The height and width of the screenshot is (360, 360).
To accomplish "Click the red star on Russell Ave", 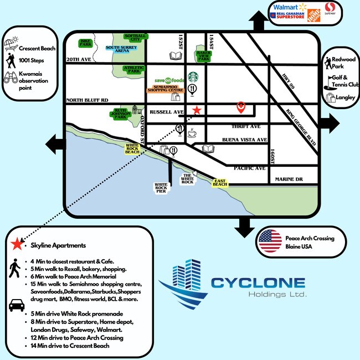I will pos(196,110).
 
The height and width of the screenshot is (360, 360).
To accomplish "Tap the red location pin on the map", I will pos(241,106).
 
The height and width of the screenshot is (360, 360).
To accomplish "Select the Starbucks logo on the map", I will pos(193,76).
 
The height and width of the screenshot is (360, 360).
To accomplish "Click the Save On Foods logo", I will pos(169,80).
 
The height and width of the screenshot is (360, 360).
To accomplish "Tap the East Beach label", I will pos(220,183).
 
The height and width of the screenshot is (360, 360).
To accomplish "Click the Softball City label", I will pos(135,38).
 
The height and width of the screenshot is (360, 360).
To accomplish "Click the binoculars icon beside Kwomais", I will pos(12,79).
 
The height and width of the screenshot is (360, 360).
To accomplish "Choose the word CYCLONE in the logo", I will pos(258,282).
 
